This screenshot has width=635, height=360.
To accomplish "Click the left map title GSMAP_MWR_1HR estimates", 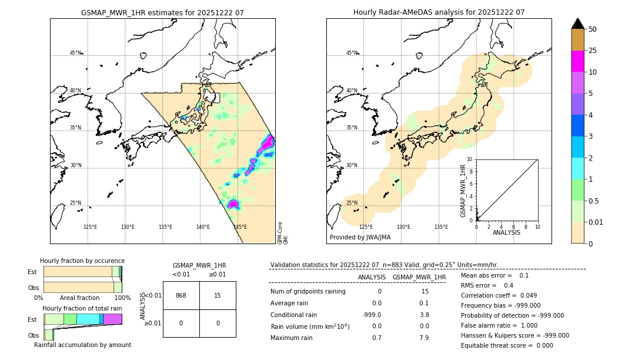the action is pyautogui.click(x=162, y=12).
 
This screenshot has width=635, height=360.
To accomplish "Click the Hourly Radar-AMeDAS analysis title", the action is pyautogui.click(x=439, y=12).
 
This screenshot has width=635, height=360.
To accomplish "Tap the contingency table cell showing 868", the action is pyautogui.click(x=181, y=295).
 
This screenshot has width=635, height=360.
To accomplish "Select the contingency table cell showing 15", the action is pyautogui.click(x=218, y=295).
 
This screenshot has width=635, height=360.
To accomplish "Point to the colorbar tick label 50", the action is pyautogui.click(x=593, y=29).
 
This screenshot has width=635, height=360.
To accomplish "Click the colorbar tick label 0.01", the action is pyautogui.click(x=597, y=222).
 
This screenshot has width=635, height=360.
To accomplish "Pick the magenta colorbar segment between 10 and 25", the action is pyautogui.click(x=577, y=61).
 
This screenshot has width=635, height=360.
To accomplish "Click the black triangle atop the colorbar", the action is pyautogui.click(x=577, y=24).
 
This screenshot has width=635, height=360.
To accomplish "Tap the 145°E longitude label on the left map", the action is pyautogui.click(x=240, y=227).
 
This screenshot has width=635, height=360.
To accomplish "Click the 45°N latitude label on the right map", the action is pyautogui.click(x=352, y=53).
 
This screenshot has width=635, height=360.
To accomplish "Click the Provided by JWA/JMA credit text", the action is pyautogui.click(x=360, y=237).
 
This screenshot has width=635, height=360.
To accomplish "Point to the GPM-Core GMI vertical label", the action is pyautogui.click(x=282, y=233).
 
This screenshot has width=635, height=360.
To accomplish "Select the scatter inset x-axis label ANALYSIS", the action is pyautogui.click(x=506, y=232).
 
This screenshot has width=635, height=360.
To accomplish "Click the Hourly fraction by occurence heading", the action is pyautogui.click(x=82, y=261).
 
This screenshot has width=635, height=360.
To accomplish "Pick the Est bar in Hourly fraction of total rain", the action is pyautogui.click(x=82, y=319).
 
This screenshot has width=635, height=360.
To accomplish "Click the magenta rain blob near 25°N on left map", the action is pyautogui.click(x=233, y=204).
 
